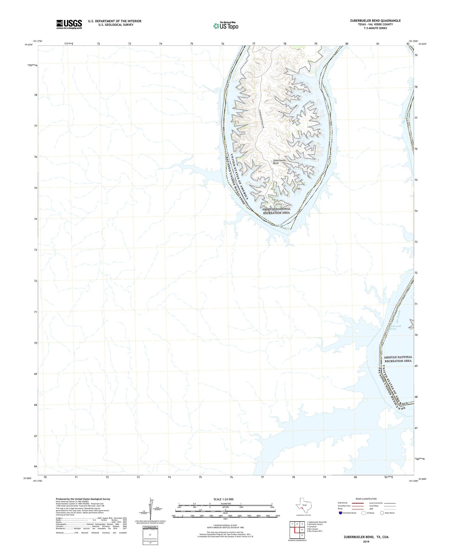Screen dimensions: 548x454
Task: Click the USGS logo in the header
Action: pos(69,24)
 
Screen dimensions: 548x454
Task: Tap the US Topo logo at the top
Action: pos(225,26)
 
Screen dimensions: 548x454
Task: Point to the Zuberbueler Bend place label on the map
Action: pos(279,162)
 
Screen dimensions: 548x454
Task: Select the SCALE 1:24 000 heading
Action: pos(223,499)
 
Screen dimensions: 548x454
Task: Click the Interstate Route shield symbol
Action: pos(340,513)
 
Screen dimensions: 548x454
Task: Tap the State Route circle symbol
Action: pos(382,513)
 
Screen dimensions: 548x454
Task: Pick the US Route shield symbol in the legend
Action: pos(364,513)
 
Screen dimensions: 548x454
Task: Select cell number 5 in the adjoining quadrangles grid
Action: pos(302,535)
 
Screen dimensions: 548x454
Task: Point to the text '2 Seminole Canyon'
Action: pos(315,524)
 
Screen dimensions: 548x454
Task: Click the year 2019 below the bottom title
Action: pos(366,542)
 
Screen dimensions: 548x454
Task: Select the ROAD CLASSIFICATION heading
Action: pos(366,499)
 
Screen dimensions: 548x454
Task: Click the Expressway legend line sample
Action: pos(358,503)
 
